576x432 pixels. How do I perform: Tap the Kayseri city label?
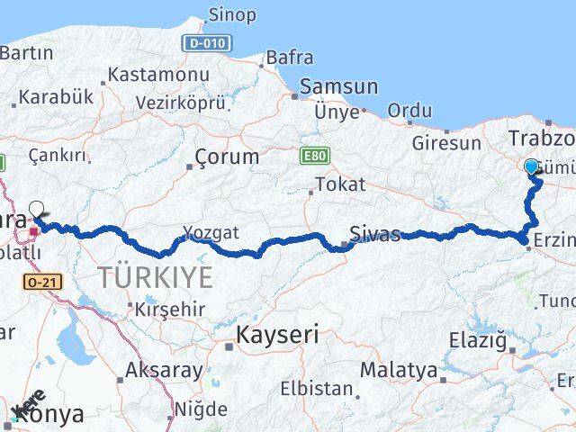[x=277, y=336]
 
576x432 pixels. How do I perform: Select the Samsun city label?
[x=338, y=86]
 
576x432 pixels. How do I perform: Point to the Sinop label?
[x=231, y=14]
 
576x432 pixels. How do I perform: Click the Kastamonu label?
[x=157, y=75]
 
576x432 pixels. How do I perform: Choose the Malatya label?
[x=399, y=370]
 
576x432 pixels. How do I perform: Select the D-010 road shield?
[x=206, y=43]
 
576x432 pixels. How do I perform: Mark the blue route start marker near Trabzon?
[x=531, y=166]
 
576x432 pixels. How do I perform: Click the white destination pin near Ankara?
[x=36, y=211]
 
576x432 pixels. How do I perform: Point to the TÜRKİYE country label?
[x=156, y=277]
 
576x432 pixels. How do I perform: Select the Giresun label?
[x=445, y=143]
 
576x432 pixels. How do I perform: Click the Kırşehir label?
[x=170, y=310]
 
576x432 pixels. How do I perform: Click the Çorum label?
[x=227, y=157]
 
